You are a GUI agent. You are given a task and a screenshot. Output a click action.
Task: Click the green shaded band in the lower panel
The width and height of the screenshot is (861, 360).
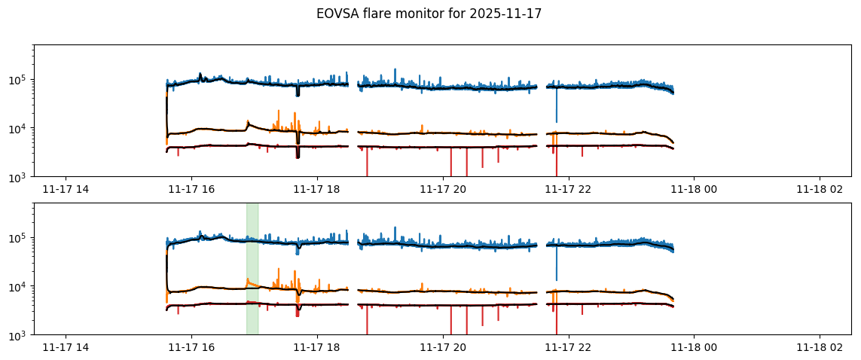coord(252,268)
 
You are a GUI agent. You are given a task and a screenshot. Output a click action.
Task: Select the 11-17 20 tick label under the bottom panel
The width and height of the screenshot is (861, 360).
coord(443,347)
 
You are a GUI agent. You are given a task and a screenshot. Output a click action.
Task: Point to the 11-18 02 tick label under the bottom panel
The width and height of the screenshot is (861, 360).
coord(820,347)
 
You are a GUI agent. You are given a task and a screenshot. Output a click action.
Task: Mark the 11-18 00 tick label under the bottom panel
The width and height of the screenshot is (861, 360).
coord(695,347)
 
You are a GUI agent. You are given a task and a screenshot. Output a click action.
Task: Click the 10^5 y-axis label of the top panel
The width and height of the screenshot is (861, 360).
coord(18,80)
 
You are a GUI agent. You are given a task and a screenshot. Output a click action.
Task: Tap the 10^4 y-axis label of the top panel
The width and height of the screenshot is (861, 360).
coord(18,128)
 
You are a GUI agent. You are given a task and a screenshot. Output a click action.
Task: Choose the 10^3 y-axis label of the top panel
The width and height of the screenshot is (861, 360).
coord(18,176)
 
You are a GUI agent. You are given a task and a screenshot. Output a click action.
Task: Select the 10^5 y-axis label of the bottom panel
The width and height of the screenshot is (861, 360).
coord(18,238)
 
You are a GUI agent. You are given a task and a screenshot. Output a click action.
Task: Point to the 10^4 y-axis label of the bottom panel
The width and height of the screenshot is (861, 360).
coord(18,286)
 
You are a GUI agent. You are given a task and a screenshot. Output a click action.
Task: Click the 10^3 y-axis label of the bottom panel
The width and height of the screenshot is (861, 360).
coord(18,334)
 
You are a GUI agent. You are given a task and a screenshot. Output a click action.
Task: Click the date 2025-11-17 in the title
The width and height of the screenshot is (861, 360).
coord(508,14)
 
